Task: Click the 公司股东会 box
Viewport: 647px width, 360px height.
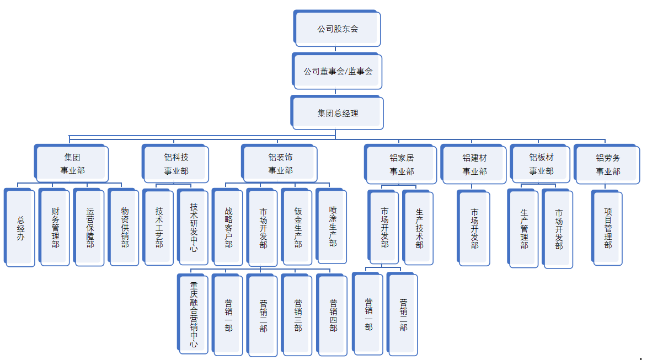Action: click(x=338, y=29)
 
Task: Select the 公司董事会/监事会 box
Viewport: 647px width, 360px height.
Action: click(x=338, y=71)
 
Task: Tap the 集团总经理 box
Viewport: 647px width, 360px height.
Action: click(x=338, y=113)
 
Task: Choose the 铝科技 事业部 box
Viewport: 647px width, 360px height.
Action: click(x=176, y=164)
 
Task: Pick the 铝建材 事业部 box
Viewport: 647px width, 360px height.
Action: click(x=474, y=164)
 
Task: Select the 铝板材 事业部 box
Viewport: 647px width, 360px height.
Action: click(x=541, y=164)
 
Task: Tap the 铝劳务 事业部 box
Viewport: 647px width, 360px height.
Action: click(x=608, y=164)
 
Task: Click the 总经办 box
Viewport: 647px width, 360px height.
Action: click(x=20, y=228)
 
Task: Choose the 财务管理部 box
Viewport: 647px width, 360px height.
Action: click(x=55, y=228)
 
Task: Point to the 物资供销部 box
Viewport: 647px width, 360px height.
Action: click(x=125, y=228)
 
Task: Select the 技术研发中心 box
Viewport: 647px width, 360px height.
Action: click(x=194, y=228)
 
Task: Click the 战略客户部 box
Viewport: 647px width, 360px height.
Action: click(x=228, y=228)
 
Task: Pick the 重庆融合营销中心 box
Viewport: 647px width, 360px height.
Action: click(x=194, y=314)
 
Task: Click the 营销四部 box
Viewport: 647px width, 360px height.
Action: click(x=333, y=315)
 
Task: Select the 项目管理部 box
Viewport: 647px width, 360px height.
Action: click(x=608, y=228)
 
